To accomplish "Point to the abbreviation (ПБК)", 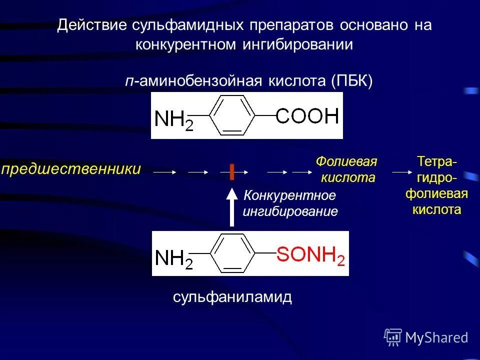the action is click(x=351, y=81).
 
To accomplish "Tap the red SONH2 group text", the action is click(x=310, y=255).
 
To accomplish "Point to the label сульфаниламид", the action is click(x=232, y=297).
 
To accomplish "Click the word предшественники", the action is click(x=71, y=169).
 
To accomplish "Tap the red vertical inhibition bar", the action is click(x=232, y=171).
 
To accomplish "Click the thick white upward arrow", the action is click(x=232, y=207).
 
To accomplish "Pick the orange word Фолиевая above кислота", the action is click(x=346, y=162).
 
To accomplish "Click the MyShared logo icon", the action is click(x=392, y=337).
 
